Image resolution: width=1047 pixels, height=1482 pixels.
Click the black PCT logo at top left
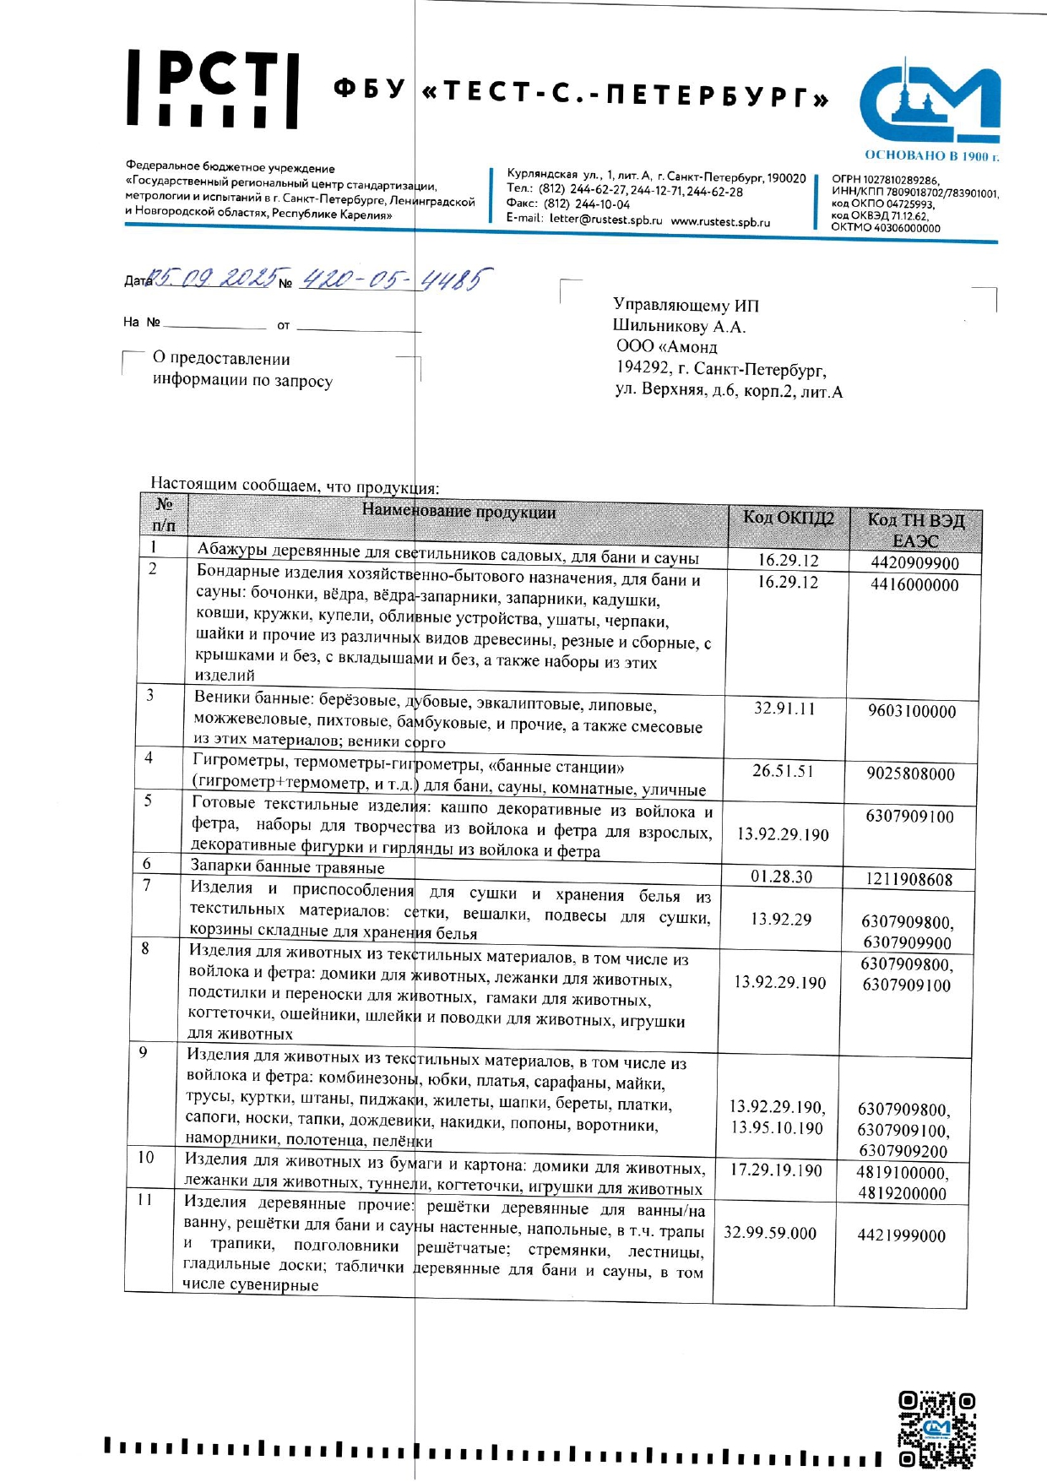click(x=213, y=89)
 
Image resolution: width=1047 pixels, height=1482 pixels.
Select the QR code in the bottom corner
click(x=936, y=1430)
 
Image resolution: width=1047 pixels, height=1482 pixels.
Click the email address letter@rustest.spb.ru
click(x=605, y=220)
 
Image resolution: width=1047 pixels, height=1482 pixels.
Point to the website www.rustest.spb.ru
click(x=720, y=222)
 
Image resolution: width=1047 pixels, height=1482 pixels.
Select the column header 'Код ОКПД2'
click(x=788, y=518)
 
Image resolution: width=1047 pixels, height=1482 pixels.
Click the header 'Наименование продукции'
click(x=458, y=512)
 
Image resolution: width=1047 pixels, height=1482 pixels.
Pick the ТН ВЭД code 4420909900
click(x=914, y=563)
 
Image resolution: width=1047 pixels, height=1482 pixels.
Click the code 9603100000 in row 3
click(x=912, y=711)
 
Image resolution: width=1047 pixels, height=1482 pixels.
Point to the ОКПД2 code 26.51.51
click(x=783, y=771)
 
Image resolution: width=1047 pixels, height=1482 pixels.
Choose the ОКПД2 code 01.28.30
click(x=781, y=877)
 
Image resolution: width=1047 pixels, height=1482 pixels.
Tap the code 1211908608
click(x=909, y=880)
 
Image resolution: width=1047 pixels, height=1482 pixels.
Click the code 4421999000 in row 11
click(x=901, y=1235)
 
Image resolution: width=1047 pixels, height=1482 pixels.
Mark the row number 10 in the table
click(x=146, y=1158)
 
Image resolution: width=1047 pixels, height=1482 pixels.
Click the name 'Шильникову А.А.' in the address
click(x=679, y=327)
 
